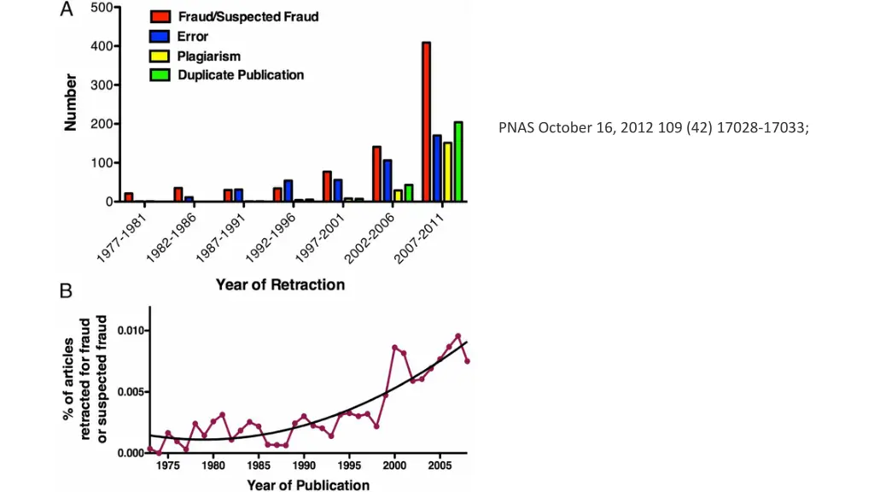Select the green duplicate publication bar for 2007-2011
coord(458,161)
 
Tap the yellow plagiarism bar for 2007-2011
coord(447,172)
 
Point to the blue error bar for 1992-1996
coord(288,191)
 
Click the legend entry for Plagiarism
coord(207,56)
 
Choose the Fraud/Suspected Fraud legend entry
coord(247,16)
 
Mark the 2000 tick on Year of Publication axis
coord(393,467)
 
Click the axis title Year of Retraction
coord(280,284)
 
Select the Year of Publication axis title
coord(308,485)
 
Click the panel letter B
coord(66,292)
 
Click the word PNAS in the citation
coord(516,128)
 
